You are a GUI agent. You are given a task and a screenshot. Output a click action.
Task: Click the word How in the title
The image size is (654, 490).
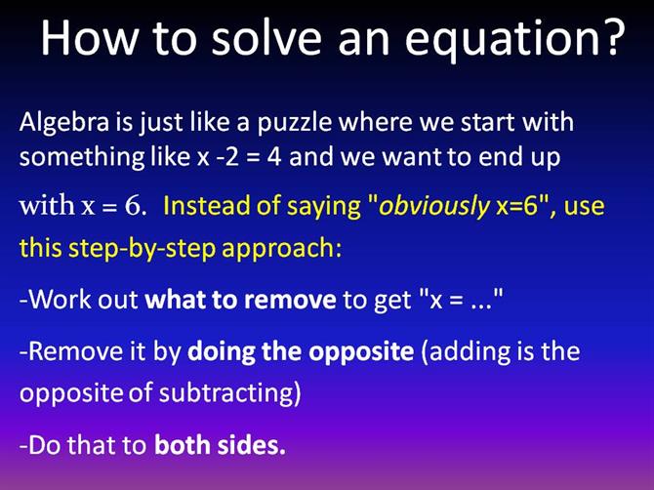pos(89,37)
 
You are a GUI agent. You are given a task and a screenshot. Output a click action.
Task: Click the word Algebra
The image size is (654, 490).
pos(64,123)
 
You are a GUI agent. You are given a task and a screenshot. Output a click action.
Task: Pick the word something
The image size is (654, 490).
pos(82,157)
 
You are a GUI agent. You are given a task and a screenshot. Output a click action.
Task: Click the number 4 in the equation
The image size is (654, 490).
pos(274,157)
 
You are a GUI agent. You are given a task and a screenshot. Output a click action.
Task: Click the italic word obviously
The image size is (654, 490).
pos(433,207)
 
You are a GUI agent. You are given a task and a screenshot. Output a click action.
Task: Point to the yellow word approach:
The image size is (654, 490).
pos(281,249)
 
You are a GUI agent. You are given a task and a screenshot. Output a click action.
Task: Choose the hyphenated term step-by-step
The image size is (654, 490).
pos(142,249)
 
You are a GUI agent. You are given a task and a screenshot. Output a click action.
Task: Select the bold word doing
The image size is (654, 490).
pos(221,352)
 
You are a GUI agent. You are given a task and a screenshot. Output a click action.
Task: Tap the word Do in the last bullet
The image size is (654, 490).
pos(45,445)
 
